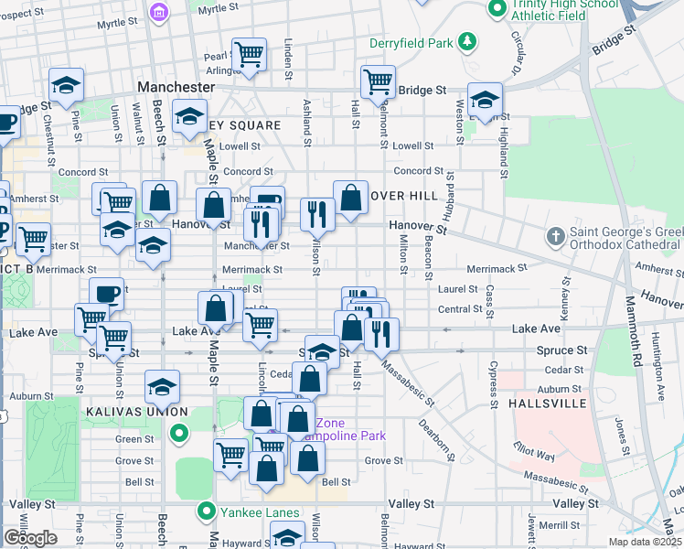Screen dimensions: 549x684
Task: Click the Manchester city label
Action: (176, 87)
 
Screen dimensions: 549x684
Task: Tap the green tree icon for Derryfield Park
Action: (467, 41)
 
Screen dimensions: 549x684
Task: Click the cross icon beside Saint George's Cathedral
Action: (554, 238)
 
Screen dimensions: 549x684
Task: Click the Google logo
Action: (30, 538)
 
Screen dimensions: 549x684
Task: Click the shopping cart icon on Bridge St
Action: (378, 82)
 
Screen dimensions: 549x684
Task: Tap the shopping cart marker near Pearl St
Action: (249, 55)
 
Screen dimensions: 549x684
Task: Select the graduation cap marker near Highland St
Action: (485, 99)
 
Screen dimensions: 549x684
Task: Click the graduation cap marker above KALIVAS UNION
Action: (162, 386)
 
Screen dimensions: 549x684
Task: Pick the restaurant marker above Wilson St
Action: (317, 214)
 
